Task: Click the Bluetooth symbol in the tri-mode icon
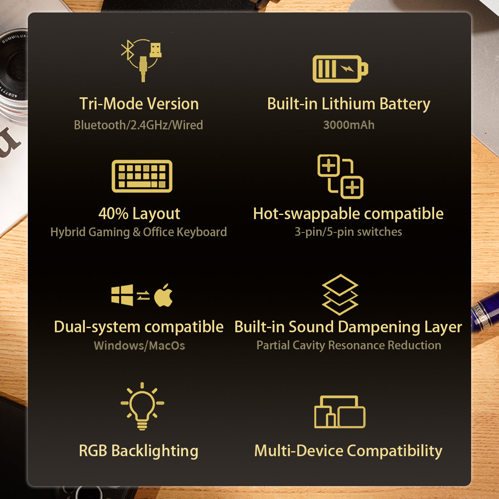click(x=127, y=50)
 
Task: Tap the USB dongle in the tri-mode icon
click(x=156, y=50)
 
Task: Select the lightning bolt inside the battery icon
click(x=347, y=68)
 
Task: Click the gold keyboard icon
click(x=142, y=176)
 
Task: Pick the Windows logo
click(x=122, y=295)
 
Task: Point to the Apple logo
click(x=163, y=296)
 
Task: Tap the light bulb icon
click(x=142, y=406)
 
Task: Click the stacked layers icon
click(x=340, y=294)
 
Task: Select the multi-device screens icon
click(x=340, y=412)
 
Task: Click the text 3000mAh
click(x=349, y=125)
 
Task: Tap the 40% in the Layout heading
click(x=114, y=214)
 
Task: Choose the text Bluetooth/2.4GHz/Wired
click(x=138, y=125)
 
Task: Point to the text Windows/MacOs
click(x=140, y=346)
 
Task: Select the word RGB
click(x=93, y=451)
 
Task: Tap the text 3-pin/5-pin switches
click(x=348, y=232)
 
